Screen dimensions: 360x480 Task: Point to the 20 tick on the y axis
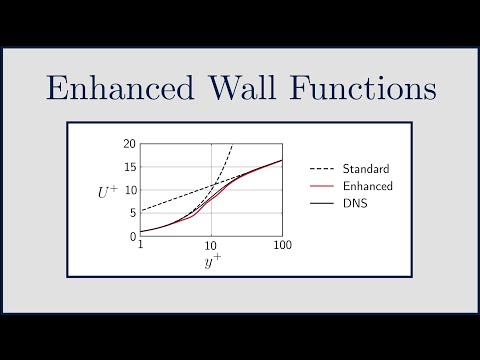click(x=129, y=144)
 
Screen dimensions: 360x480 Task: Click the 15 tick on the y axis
click(x=129, y=167)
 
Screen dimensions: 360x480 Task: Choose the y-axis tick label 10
click(x=129, y=190)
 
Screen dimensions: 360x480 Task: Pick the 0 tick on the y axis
click(x=132, y=237)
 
